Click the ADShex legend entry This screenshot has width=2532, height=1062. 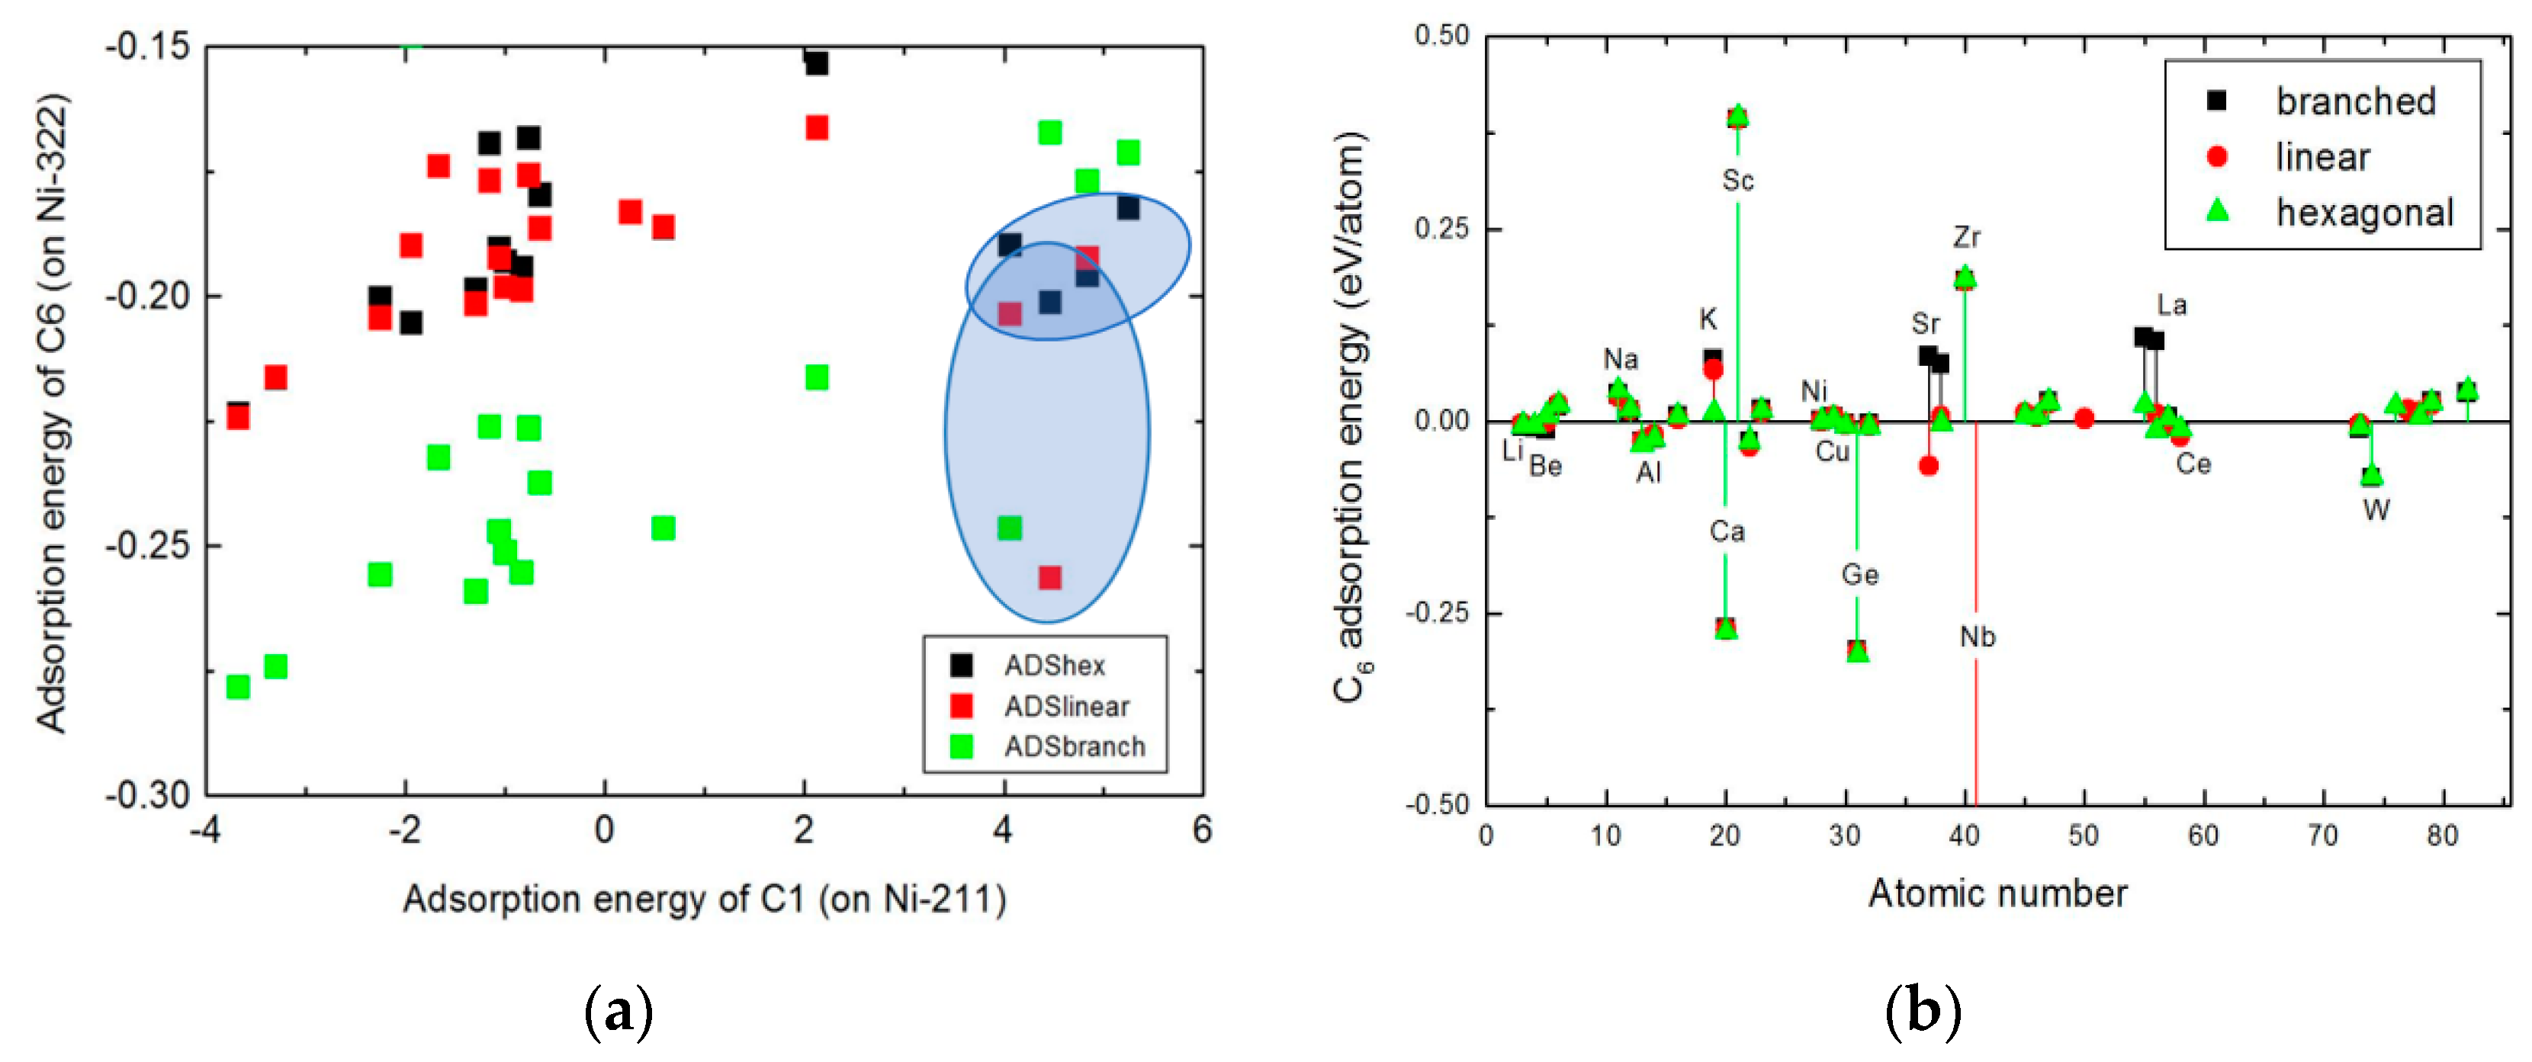click(x=1052, y=666)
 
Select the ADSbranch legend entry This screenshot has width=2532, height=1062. click(x=1073, y=746)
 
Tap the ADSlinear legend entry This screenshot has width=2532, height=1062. click(x=1065, y=707)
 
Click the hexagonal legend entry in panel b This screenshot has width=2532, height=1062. click(x=2364, y=212)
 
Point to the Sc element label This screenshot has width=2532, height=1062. click(x=1738, y=181)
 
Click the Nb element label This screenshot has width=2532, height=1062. click(x=1978, y=637)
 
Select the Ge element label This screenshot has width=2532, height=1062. click(x=1859, y=575)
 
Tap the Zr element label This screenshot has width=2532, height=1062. click(x=1967, y=237)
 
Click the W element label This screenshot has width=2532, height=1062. click(x=2376, y=510)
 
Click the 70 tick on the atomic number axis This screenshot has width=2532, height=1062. click(x=2322, y=836)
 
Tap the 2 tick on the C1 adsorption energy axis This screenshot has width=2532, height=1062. click(x=804, y=831)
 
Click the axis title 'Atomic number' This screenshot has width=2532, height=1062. click(x=1997, y=893)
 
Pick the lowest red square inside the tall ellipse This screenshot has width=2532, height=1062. click(x=1049, y=576)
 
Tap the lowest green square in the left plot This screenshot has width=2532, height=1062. click(x=238, y=685)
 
